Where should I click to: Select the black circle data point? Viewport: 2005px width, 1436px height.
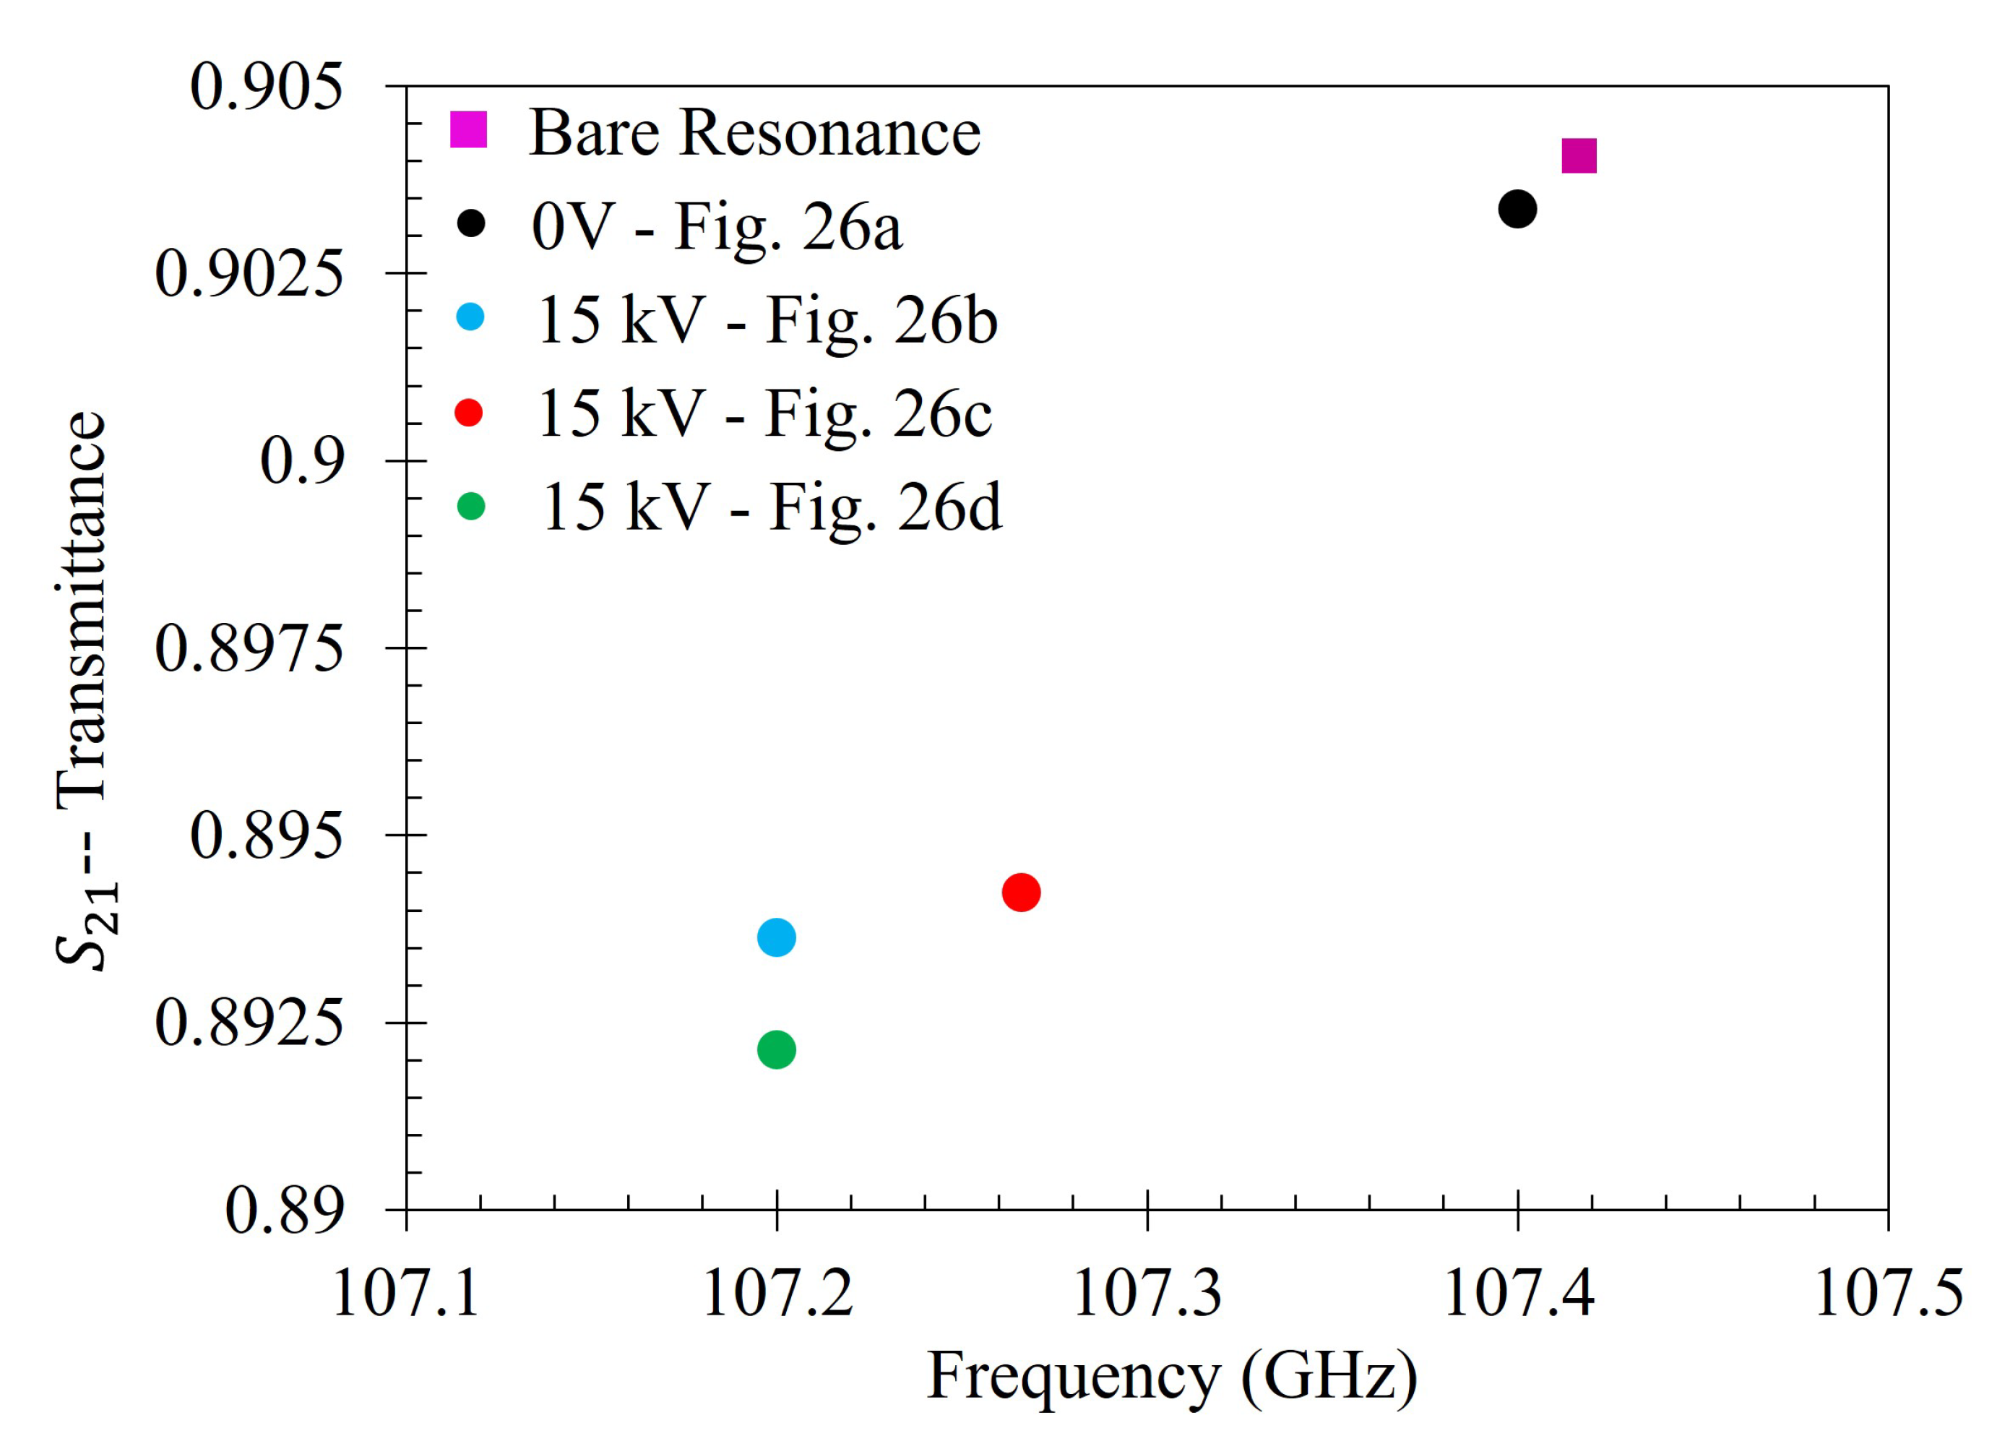click(x=1517, y=209)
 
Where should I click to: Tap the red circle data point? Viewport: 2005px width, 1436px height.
click(x=1021, y=893)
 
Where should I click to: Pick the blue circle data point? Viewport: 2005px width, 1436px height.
click(x=776, y=937)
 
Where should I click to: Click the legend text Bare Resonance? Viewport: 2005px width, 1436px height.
click(x=754, y=133)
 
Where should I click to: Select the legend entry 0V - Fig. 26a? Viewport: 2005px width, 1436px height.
click(x=716, y=226)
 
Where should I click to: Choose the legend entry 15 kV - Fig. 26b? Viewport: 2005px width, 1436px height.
click(x=767, y=319)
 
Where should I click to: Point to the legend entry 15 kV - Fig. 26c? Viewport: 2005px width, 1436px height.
click(x=764, y=413)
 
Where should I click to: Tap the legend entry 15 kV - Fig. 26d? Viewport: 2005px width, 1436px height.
click(x=771, y=507)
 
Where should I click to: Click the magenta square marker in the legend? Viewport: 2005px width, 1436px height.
click(x=468, y=129)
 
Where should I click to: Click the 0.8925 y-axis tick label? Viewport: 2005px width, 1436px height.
click(x=249, y=1023)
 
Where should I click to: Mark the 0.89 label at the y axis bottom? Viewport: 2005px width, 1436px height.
click(x=283, y=1210)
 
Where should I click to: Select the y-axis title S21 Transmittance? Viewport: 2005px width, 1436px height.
click(x=84, y=689)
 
